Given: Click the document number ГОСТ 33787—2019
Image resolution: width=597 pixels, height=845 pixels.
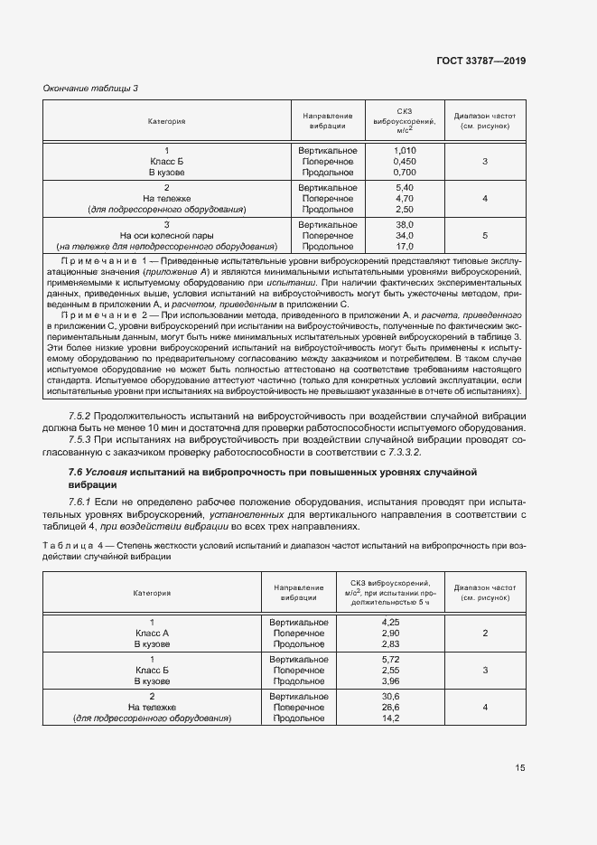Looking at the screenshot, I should point(482,61).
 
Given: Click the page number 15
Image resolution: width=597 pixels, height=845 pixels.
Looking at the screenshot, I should point(520,768).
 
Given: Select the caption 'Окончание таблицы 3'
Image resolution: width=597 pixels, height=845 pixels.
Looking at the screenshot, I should point(90,88).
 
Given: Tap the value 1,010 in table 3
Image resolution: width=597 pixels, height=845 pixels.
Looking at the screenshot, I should point(405,150).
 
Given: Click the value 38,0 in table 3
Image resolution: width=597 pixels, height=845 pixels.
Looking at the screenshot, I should point(405,224).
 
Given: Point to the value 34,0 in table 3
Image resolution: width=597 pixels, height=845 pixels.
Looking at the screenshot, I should point(405,235).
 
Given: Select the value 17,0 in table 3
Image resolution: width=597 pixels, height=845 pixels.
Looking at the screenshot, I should point(405,246).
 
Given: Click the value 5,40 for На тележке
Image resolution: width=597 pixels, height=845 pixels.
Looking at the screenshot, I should point(405,187).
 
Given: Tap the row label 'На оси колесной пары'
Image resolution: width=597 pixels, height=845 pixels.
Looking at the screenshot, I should point(167,235).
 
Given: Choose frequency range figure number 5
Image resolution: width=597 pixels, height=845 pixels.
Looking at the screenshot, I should point(485,235).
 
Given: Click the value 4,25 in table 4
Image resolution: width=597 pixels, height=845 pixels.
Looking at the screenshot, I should point(391,623).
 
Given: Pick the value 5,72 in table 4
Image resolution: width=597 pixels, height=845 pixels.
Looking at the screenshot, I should point(391,660).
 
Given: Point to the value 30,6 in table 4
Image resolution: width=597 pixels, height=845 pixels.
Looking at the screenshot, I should point(391,697).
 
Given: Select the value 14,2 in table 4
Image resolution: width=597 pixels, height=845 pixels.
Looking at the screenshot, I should point(391,718).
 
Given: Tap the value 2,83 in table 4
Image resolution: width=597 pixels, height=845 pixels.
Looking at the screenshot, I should point(391,644).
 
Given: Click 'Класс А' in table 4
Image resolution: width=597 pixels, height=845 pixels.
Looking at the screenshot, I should point(153,634).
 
